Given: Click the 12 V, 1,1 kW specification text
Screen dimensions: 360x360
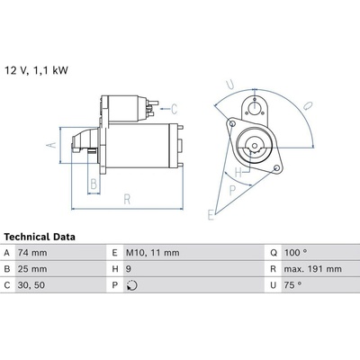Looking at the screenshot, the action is (36, 70).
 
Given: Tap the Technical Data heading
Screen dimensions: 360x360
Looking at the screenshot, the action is (40, 237).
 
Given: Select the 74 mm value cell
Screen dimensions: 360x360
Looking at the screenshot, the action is (32, 253).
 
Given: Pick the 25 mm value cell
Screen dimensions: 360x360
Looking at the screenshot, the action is (32, 269).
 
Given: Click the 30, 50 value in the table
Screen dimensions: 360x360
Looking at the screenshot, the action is (31, 285).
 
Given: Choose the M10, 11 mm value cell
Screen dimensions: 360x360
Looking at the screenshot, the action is (153, 253).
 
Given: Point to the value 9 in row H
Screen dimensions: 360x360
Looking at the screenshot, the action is (129, 269).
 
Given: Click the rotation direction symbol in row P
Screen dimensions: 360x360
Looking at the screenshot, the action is (131, 285).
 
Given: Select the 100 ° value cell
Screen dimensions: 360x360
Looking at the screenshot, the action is (295, 253).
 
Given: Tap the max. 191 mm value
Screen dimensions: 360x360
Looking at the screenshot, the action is (312, 269).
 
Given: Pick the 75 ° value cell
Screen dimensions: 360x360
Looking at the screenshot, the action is (292, 284).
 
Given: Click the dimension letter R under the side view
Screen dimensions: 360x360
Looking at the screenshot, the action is (127, 199).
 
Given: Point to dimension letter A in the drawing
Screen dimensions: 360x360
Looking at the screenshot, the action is (52, 145).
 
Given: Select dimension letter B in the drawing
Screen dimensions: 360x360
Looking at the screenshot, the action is (94, 184).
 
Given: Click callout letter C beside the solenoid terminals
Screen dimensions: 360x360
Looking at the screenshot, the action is (175, 109).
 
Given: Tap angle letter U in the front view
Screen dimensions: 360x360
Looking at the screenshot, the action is (230, 85).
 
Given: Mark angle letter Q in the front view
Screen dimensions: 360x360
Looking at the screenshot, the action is (308, 106).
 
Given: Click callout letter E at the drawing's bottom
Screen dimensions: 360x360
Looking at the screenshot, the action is (211, 215).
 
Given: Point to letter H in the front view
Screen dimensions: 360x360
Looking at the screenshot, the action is (238, 173).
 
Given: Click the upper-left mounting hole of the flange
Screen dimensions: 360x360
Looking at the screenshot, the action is (232, 123).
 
